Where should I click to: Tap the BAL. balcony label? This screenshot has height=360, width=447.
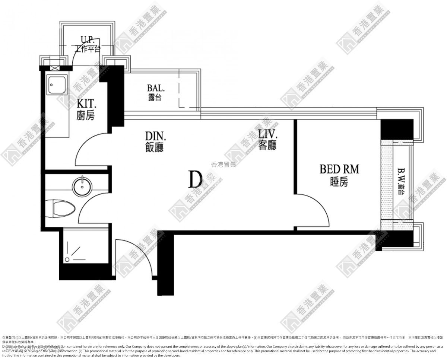pos(154,92)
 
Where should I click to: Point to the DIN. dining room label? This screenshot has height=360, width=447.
pos(154,141)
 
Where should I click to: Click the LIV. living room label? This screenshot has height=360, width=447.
pos(267,140)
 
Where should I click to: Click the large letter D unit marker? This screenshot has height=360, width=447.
pos(195,179)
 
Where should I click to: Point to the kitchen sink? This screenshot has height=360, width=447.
pos(57,86)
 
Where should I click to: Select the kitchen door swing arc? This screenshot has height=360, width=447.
pos(89,147)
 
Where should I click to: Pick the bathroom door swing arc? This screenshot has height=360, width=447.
pos(91,208)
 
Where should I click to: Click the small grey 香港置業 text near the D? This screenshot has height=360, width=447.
pos(223,165)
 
